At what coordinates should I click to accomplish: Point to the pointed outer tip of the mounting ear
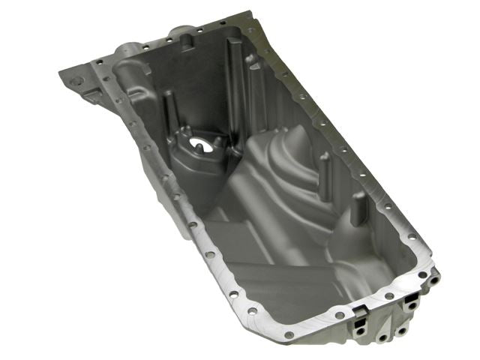tap(60, 71)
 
